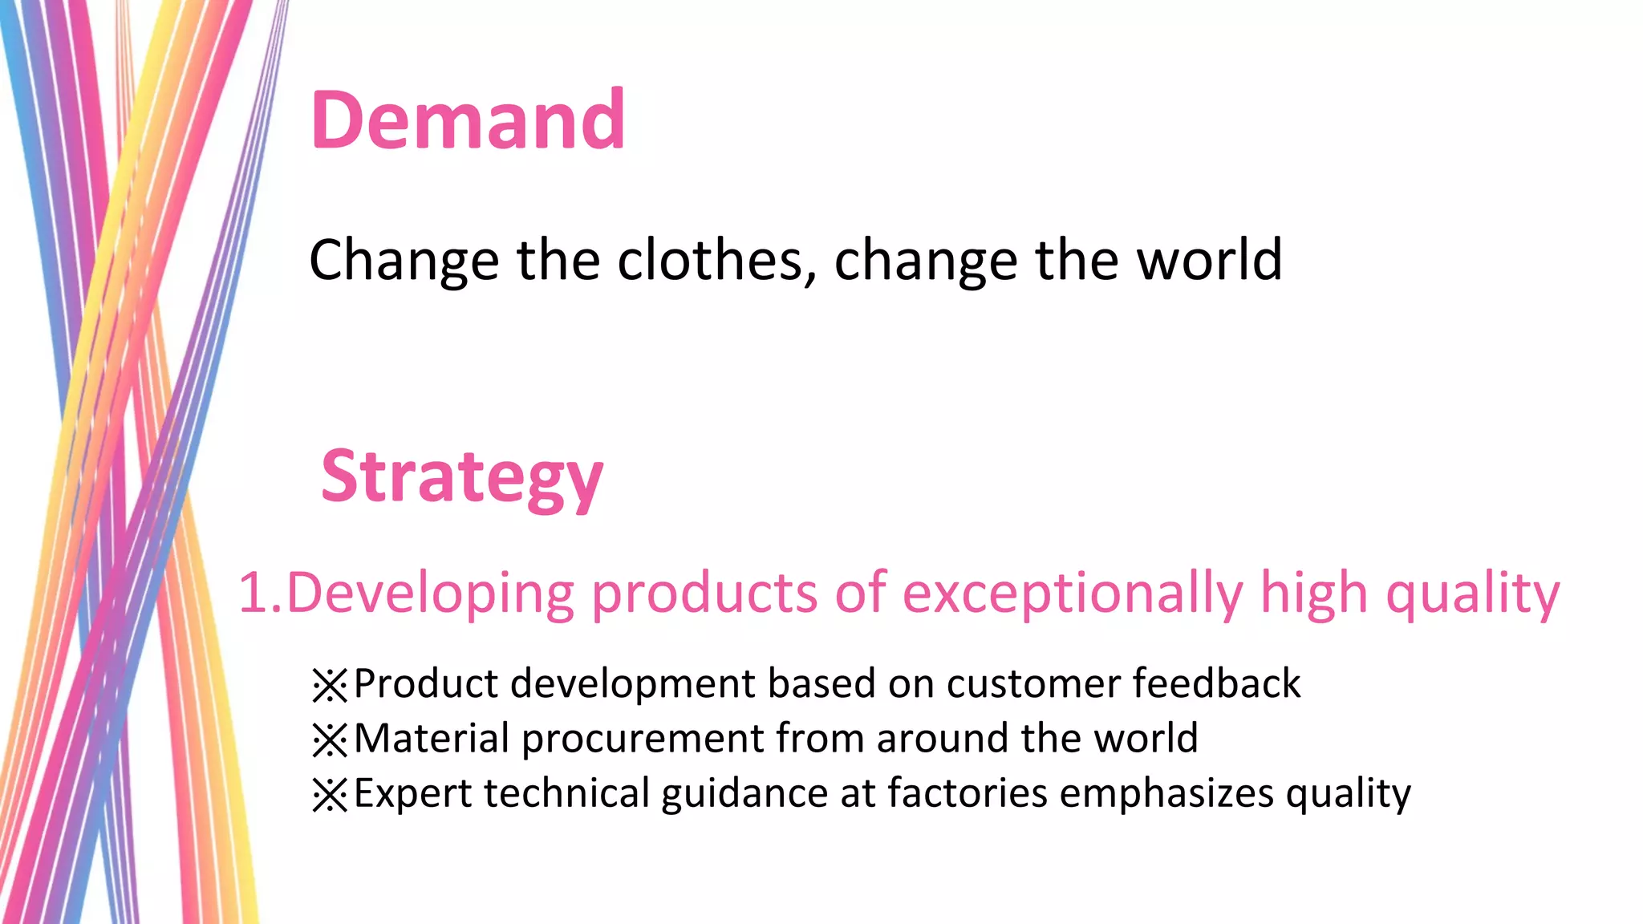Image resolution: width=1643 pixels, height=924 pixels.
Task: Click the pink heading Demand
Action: tap(467, 120)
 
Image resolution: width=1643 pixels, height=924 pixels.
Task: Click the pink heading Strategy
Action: tap(461, 476)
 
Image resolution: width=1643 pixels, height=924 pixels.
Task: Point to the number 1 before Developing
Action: tap(253, 594)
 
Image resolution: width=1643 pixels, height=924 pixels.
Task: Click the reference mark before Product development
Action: tap(329, 685)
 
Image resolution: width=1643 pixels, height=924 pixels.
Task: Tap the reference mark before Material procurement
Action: tap(329, 740)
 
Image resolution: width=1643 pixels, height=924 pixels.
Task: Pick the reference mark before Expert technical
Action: tap(329, 795)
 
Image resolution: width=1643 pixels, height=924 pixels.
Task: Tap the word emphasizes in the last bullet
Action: tap(1166, 793)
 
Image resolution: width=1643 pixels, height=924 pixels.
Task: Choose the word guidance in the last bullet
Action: tap(744, 793)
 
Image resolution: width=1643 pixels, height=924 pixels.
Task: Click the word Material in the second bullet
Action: tap(432, 738)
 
